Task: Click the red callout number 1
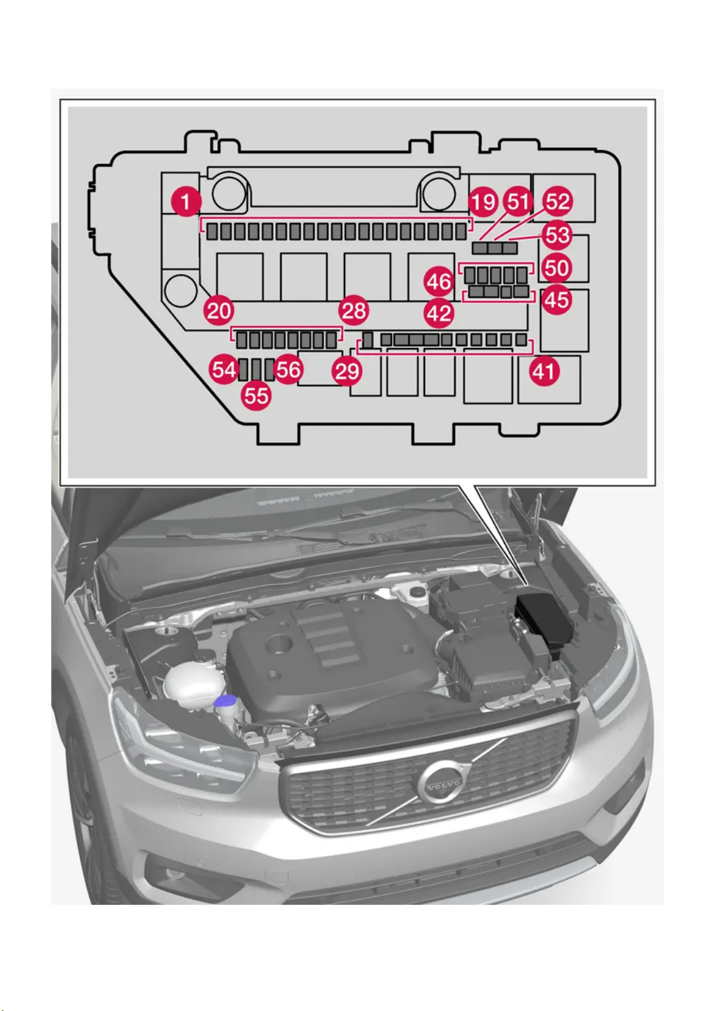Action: click(x=186, y=202)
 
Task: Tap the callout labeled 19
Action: click(x=483, y=202)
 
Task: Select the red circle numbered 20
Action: click(x=219, y=310)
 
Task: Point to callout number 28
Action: click(x=353, y=310)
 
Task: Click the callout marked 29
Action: click(x=347, y=371)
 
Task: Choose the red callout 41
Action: click(x=544, y=371)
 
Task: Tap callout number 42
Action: click(x=439, y=313)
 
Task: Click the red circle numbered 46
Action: click(x=439, y=281)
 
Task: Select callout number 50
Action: click(x=556, y=268)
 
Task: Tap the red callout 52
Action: click(x=557, y=202)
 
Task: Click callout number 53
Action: click(x=557, y=235)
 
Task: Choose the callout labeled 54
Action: click(x=224, y=369)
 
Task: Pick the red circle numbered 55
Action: click(x=256, y=395)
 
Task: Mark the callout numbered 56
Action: click(x=288, y=369)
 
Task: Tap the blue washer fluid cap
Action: click(x=226, y=700)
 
